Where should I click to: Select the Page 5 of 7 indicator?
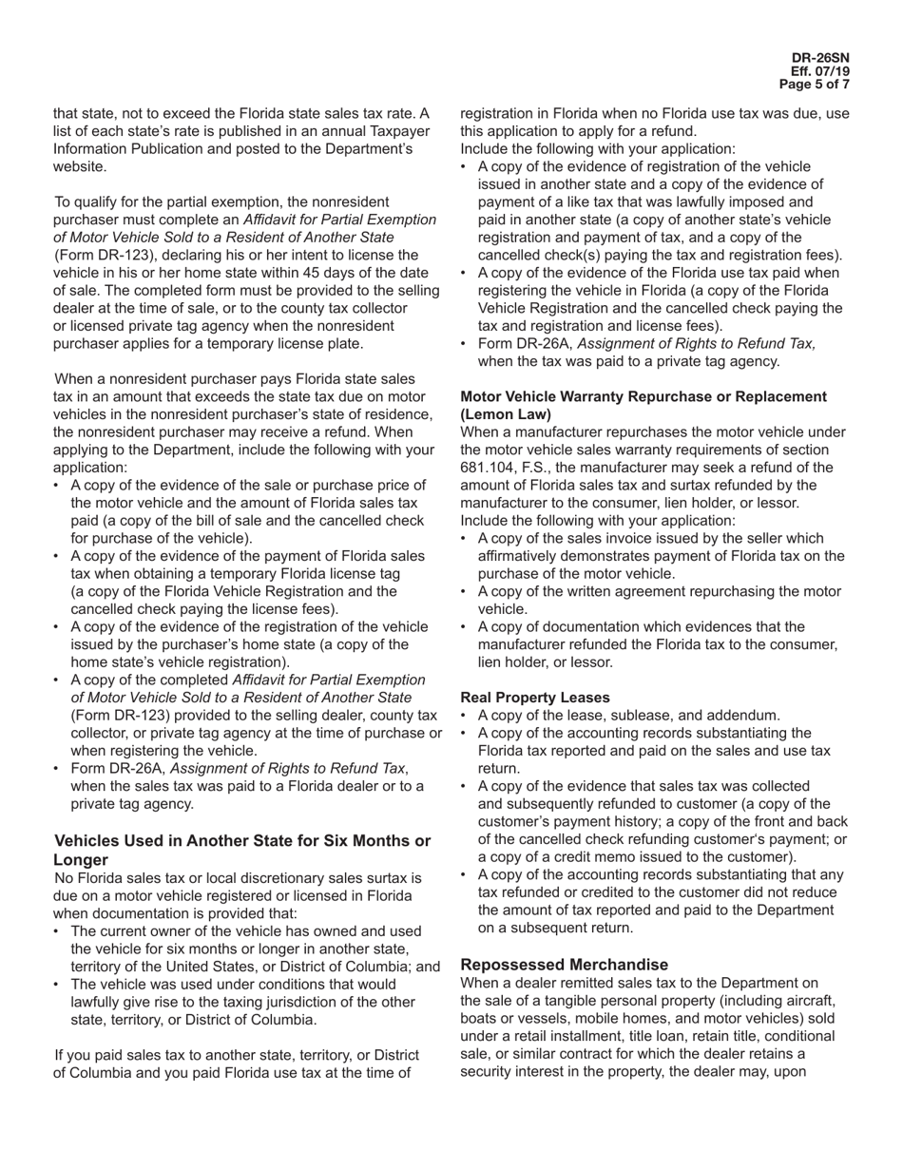point(815,85)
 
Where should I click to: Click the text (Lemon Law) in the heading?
point(506,414)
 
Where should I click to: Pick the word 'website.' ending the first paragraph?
point(80,166)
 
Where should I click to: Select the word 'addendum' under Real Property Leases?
point(739,715)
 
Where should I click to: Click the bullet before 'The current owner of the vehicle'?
point(58,931)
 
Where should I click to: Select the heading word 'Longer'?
point(81,859)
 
